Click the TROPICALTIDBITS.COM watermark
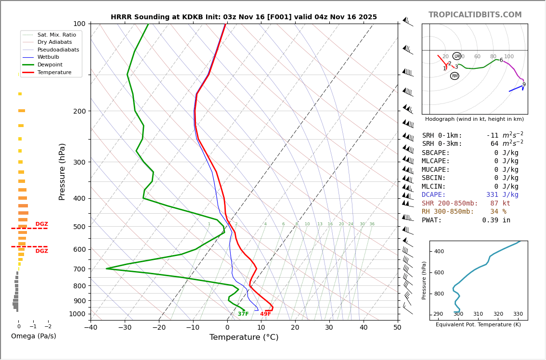coord(475,15)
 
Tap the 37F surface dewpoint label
coord(243,314)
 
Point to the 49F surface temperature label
coord(265,314)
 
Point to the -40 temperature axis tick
coord(91,328)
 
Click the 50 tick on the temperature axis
coord(397,328)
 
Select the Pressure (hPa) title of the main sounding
coord(63,171)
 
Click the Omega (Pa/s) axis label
coord(33,336)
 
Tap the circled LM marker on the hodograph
coord(456,56)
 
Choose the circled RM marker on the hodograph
coord(455,76)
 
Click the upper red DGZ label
coord(41,224)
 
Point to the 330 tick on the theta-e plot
coord(518,314)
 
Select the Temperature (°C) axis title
coord(244,337)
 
